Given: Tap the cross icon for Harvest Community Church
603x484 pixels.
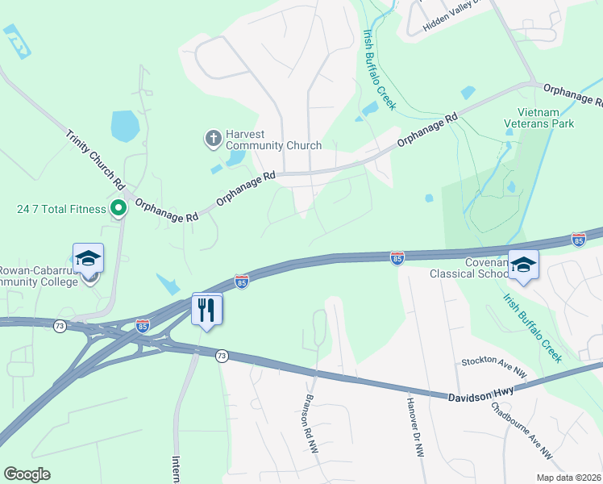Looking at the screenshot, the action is click(214, 138).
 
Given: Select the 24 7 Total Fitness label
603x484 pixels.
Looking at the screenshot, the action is click(61, 209).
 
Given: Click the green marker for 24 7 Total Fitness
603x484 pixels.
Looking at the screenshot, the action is click(118, 209).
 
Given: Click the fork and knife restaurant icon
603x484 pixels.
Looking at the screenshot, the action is click(207, 307).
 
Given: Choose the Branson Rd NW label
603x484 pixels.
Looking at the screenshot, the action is click(311, 428).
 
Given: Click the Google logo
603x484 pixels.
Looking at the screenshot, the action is click(27, 474).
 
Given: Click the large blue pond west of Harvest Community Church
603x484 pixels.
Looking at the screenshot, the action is click(126, 125).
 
